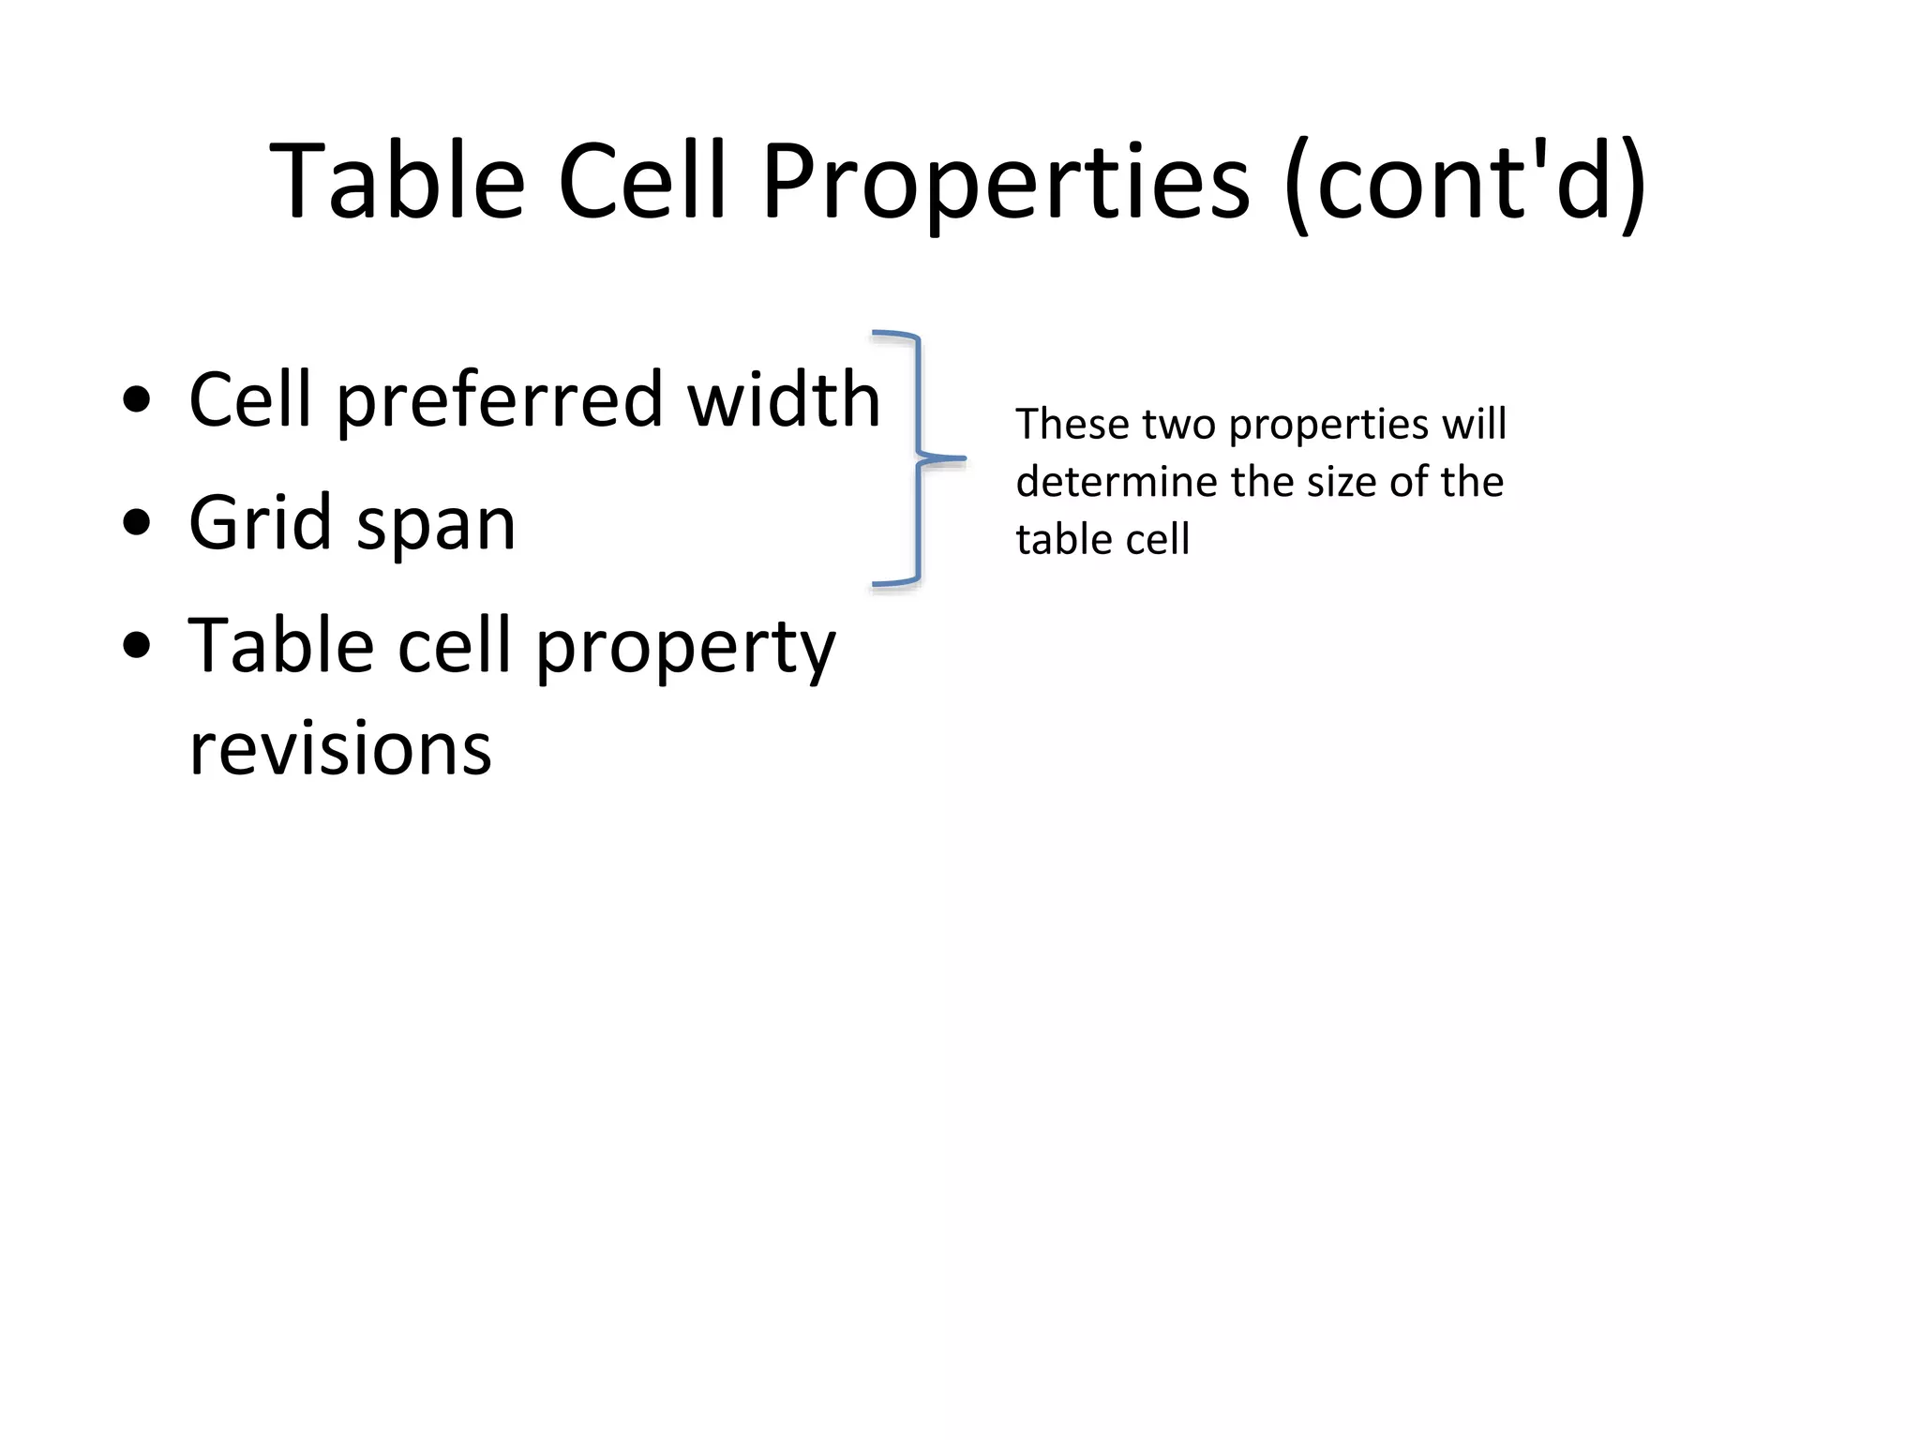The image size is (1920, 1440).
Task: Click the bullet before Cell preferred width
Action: coord(137,399)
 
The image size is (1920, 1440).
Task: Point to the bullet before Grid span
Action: coord(137,522)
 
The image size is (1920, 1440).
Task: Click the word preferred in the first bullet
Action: coord(500,401)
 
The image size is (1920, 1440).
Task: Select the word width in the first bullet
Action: coord(784,399)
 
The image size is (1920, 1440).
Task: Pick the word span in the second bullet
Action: coord(436,527)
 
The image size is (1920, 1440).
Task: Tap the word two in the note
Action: coord(1179,424)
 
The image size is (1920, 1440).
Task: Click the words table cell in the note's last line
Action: coord(1102,540)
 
